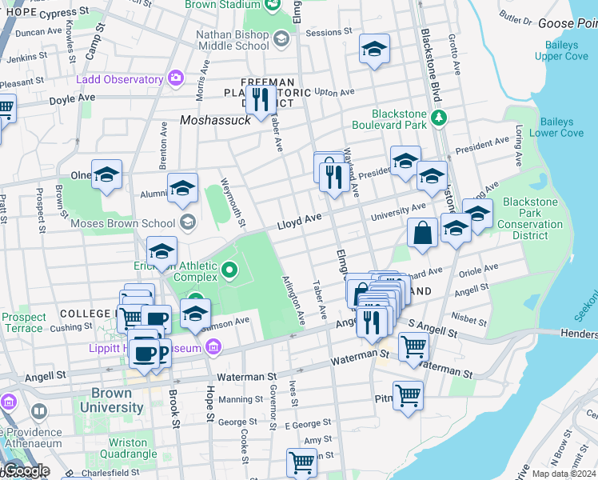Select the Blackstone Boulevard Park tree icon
pos(438,118)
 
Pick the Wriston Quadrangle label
pos(128,448)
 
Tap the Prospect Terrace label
pos(23,322)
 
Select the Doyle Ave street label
pos(71,98)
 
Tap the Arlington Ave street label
pos(293,300)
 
